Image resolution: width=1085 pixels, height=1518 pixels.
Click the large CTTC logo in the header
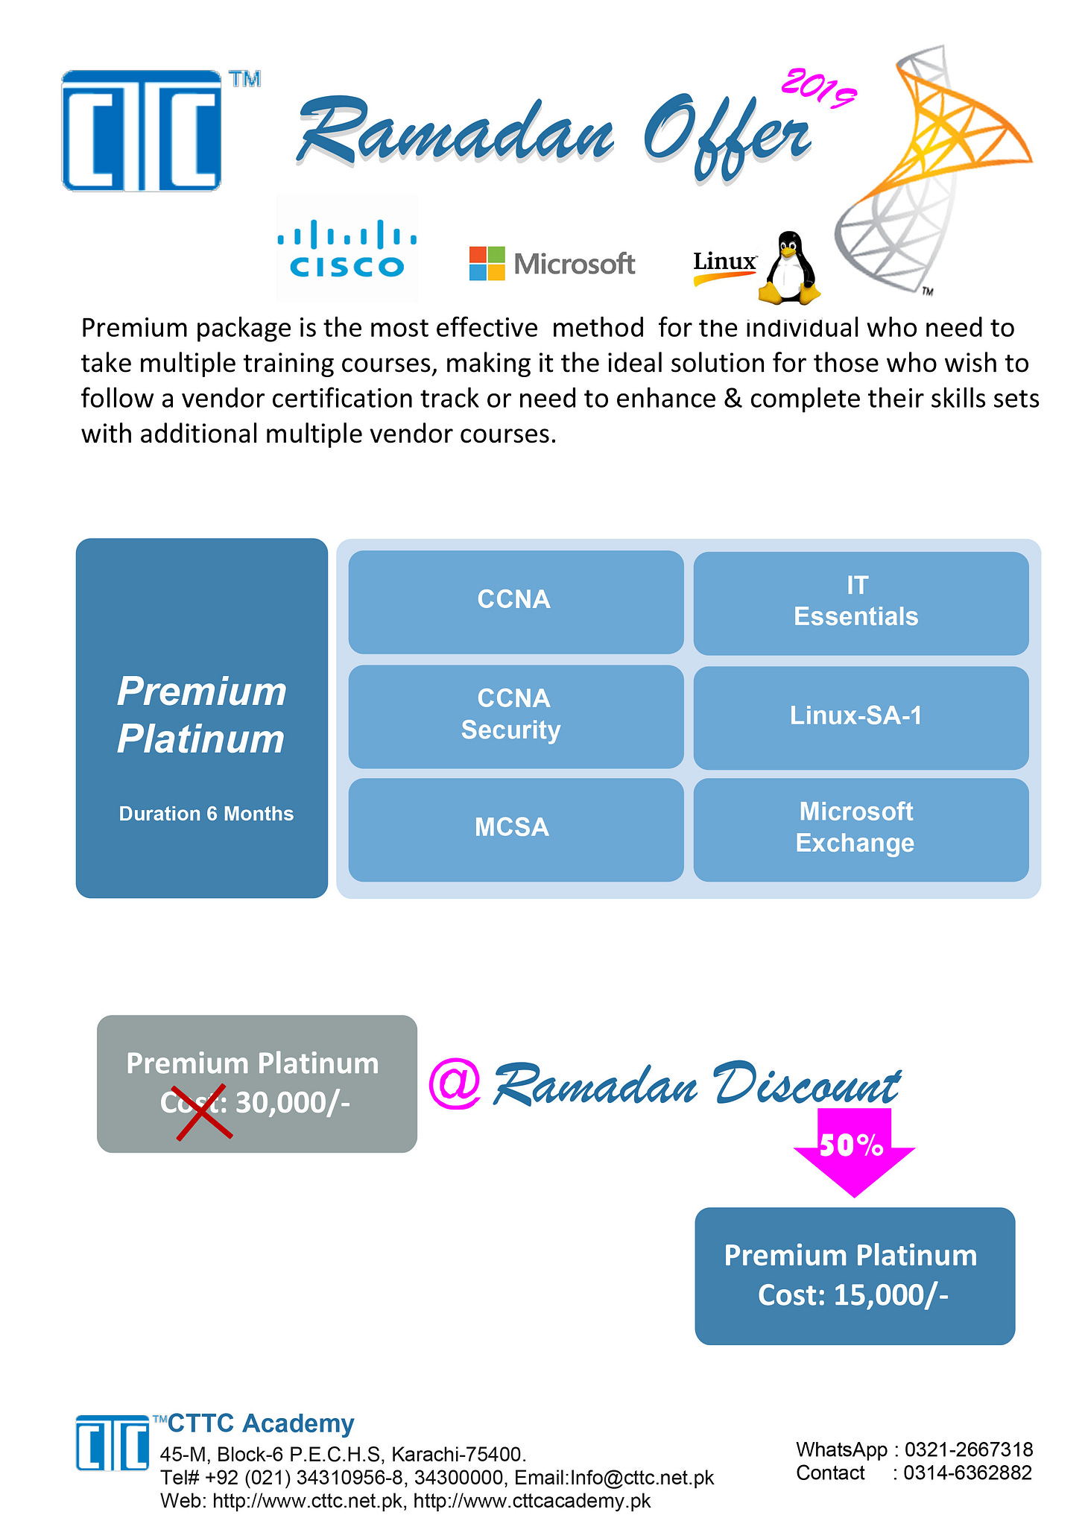click(x=142, y=130)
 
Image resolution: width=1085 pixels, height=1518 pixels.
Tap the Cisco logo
click(x=347, y=248)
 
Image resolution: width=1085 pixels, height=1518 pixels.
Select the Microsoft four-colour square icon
click(x=487, y=264)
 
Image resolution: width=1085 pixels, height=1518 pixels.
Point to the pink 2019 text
click(x=818, y=89)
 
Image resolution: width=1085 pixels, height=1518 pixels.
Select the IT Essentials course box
click(x=861, y=603)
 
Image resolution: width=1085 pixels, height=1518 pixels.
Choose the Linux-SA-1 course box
click(x=861, y=717)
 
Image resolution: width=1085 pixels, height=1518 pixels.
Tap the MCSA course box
click(x=516, y=829)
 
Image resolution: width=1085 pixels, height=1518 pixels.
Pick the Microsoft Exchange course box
click(x=861, y=829)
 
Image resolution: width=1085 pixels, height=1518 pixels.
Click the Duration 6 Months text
click(x=206, y=814)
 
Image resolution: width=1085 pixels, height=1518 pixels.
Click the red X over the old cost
click(x=204, y=1113)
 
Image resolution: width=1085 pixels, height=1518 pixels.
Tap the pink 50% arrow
click(x=854, y=1151)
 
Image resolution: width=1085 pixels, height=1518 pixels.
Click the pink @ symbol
click(x=455, y=1084)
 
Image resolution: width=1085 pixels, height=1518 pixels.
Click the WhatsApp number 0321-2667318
click(x=969, y=1449)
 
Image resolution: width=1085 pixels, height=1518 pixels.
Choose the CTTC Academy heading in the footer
click(x=261, y=1423)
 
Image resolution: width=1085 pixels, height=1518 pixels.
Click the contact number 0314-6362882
click(x=968, y=1473)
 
